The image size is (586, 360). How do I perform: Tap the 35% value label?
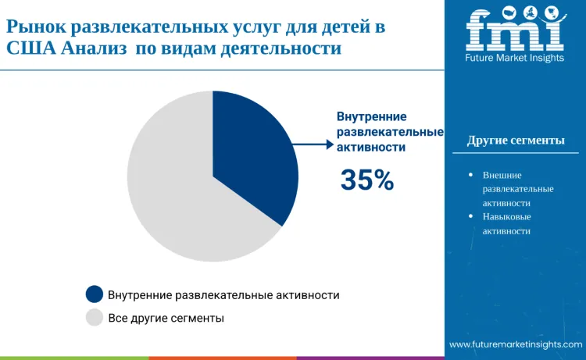pyautogui.click(x=367, y=180)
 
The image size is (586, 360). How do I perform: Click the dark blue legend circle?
pyautogui.click(x=95, y=294)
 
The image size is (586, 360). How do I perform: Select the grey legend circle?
pyautogui.click(x=95, y=317)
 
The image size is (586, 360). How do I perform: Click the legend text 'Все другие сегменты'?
pyautogui.click(x=166, y=318)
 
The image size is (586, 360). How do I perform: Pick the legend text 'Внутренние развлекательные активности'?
pyautogui.click(x=223, y=295)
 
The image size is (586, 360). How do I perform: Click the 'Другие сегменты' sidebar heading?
pyautogui.click(x=516, y=141)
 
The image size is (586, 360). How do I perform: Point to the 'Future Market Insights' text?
pyautogui.click(x=515, y=58)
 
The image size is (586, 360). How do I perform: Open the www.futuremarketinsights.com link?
pyautogui.click(x=515, y=344)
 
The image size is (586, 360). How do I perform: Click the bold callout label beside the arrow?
pyautogui.click(x=389, y=131)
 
